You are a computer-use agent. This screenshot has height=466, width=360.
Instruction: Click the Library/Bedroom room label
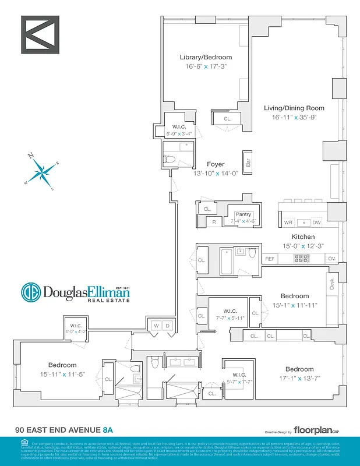(x=205, y=58)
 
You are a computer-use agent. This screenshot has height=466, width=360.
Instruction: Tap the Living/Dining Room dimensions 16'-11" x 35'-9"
(x=294, y=118)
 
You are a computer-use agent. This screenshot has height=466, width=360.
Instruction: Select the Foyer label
(x=216, y=164)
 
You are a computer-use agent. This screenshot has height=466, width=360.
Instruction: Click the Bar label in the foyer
(x=249, y=163)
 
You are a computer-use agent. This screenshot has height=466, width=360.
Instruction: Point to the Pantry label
(x=243, y=214)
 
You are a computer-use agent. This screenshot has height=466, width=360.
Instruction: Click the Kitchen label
(x=303, y=237)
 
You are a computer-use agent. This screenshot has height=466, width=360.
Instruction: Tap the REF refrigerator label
(x=270, y=259)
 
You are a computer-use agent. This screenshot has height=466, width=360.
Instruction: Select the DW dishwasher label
(x=316, y=223)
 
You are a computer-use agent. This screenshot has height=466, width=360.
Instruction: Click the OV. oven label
(x=332, y=259)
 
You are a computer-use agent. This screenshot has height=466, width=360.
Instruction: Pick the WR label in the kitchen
(x=288, y=223)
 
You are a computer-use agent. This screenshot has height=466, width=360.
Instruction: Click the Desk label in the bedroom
(x=331, y=285)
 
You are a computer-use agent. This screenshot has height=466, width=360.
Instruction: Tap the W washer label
(x=156, y=325)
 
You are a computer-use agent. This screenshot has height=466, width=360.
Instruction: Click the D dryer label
(x=167, y=325)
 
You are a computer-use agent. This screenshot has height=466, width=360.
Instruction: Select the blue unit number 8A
(x=107, y=430)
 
